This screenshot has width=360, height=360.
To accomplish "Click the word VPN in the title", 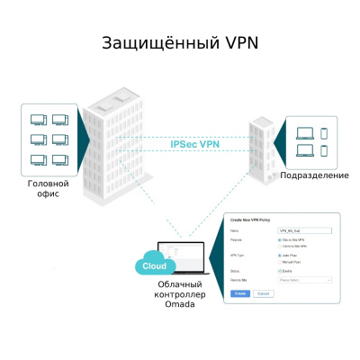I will point(236,43).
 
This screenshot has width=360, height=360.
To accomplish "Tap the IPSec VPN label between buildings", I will point(194,144).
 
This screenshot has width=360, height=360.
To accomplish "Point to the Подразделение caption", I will point(314,175).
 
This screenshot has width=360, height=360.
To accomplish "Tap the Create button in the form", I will point(240,293).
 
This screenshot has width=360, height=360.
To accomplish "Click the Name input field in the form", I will point(305,231).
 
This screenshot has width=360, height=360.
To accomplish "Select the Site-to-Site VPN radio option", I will point(280,240).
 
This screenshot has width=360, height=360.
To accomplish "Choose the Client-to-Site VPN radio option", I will point(280,247).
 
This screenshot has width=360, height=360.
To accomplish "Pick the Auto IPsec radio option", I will point(280,256).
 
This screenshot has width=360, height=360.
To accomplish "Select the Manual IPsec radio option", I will point(280,262).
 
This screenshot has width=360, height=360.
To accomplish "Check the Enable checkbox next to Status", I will point(280,271).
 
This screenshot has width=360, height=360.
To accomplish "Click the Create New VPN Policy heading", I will point(250,220).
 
